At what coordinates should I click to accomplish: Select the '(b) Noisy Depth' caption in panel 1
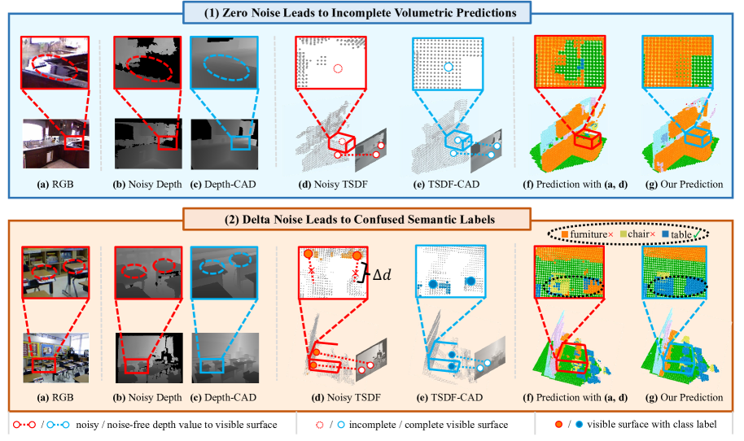(x=147, y=185)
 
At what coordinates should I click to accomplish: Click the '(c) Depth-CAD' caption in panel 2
(x=223, y=397)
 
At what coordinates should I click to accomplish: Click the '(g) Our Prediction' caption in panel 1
(x=682, y=185)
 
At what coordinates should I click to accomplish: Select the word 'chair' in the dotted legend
(x=637, y=234)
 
